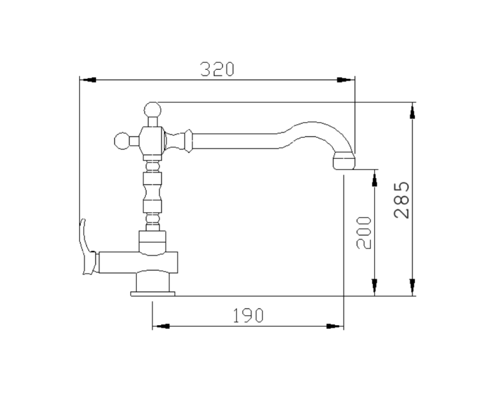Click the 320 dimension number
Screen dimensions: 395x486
[x=217, y=69]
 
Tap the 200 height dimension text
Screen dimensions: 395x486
[x=363, y=232]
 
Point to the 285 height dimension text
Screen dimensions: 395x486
[x=402, y=199]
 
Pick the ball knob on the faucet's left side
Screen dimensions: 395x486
[x=122, y=142]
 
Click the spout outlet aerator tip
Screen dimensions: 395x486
[x=343, y=161]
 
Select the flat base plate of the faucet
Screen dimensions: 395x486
[x=154, y=294]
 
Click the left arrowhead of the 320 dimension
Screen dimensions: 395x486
[x=87, y=79]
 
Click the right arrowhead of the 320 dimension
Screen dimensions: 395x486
[x=346, y=79]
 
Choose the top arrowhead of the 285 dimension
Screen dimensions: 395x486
[x=412, y=111]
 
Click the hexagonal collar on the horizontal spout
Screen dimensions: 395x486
[x=189, y=141]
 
